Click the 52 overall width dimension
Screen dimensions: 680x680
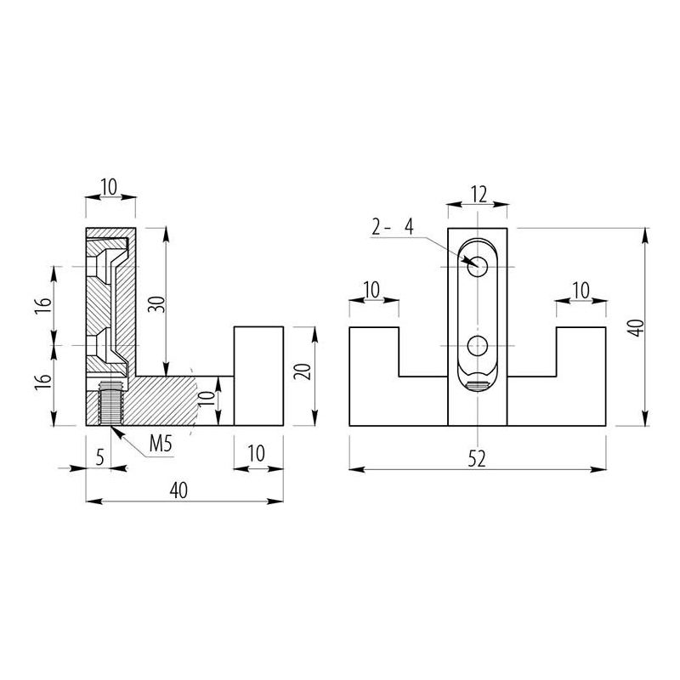coord(477,459)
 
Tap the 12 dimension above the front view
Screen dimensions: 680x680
coord(479,195)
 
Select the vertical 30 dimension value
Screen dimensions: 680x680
coord(157,304)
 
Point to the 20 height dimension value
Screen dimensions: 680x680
coord(303,371)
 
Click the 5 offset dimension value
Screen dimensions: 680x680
coord(100,457)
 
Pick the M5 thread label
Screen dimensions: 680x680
coord(161,444)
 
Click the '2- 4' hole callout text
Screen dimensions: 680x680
coord(393,227)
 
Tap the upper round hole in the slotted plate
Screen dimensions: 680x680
coord(478,266)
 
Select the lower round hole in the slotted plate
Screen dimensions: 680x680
coord(478,346)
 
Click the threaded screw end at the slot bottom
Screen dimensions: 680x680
coord(478,385)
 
